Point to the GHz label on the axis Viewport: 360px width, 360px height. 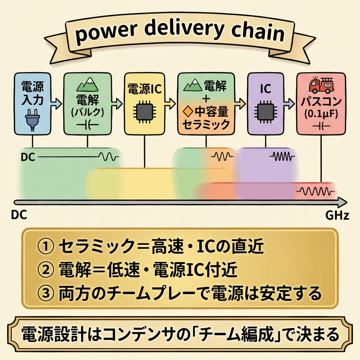click(x=337, y=215)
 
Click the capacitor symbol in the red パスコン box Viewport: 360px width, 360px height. click(x=320, y=126)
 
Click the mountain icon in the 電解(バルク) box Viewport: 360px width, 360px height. click(x=87, y=84)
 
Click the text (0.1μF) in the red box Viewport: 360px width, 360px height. click(x=320, y=115)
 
